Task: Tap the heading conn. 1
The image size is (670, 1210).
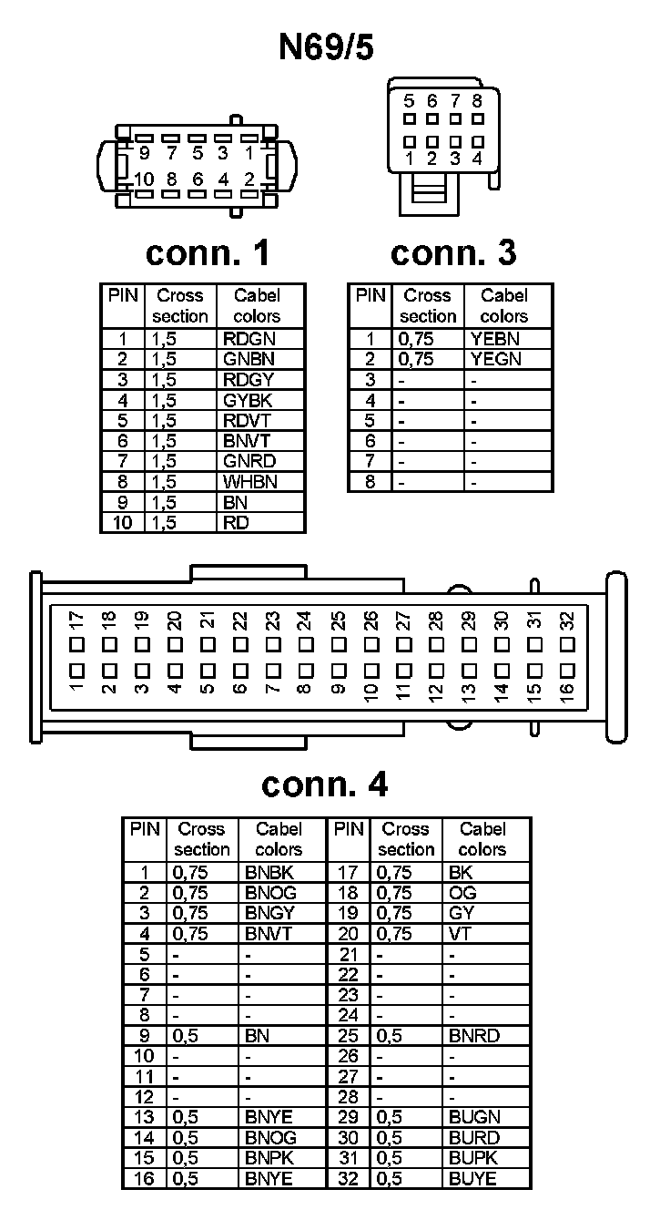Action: point(208,253)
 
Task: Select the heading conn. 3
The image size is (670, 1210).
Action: point(452,253)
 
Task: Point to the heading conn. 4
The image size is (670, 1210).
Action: point(324,784)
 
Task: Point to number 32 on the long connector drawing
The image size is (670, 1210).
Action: point(567,621)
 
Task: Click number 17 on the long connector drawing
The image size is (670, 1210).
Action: point(76,621)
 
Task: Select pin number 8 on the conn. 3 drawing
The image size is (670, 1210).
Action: point(477,101)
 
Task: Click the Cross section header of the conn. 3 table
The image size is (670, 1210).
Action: point(427,306)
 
